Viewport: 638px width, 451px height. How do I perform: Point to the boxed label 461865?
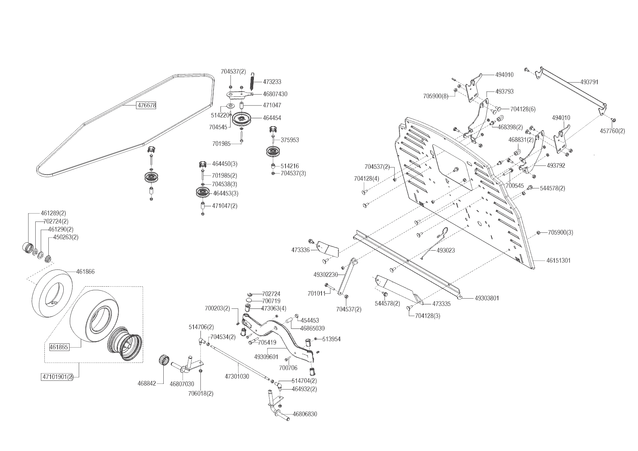59,347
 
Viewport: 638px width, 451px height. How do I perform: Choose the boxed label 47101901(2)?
57,377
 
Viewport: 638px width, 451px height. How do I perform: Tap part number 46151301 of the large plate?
558,260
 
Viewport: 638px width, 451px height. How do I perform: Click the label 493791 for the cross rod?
589,82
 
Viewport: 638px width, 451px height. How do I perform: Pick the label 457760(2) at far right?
612,131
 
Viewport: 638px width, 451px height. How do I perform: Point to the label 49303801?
487,298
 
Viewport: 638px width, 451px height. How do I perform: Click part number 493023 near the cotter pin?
446,251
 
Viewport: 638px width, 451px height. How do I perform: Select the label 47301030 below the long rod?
237,377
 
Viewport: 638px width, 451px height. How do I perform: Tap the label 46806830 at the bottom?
305,414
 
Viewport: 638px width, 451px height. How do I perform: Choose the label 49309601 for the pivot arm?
266,357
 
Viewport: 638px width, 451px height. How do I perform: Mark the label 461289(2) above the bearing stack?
53,213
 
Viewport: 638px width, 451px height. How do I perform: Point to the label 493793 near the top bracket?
505,92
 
